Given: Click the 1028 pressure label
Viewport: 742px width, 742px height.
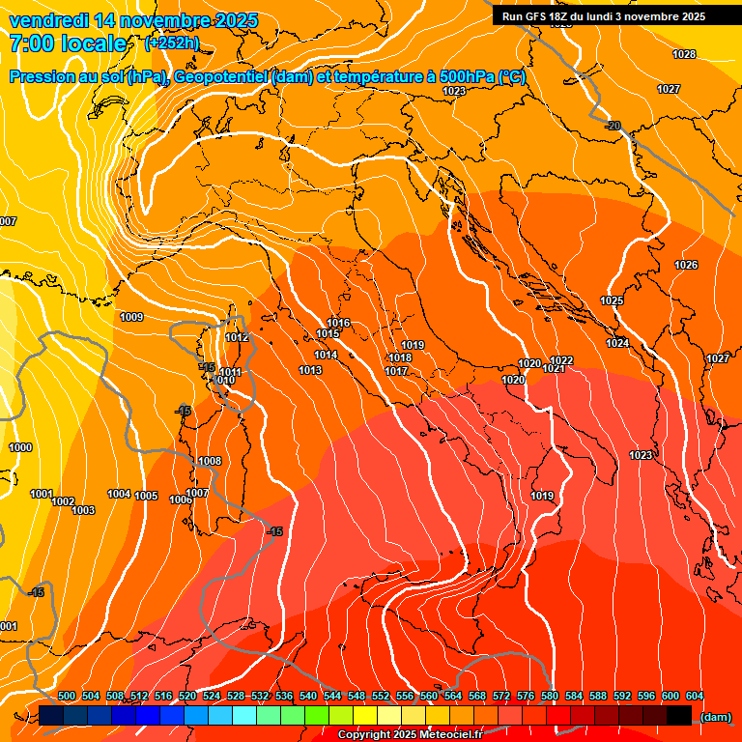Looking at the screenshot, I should (684, 54).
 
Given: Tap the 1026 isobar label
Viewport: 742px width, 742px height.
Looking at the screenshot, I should (686, 265).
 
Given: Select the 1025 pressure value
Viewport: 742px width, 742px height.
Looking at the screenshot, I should (612, 300).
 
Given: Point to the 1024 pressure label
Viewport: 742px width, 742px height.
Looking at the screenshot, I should (618, 343).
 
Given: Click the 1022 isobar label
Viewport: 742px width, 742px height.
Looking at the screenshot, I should (561, 360).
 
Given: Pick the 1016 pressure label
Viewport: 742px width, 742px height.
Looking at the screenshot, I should (338, 323).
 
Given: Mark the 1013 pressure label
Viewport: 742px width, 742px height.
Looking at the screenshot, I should (310, 370).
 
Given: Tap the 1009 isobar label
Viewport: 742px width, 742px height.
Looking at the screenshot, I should (131, 317).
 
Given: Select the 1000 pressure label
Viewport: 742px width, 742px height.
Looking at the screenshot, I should (20, 447).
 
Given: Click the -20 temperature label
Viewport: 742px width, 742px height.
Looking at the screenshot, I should (613, 126).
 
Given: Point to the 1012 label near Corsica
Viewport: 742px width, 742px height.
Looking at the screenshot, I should (237, 337).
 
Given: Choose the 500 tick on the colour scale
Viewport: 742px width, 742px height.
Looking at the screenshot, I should (67, 696).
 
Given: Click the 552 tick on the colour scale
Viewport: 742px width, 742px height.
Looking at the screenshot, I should (381, 696).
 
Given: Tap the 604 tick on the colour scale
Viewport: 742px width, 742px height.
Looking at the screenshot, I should (694, 696).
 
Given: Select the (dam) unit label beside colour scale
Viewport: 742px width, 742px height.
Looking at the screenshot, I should (716, 716).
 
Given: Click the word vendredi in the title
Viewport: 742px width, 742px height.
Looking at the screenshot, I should (54, 19).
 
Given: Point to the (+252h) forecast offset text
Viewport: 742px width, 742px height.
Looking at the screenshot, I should (172, 43).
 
